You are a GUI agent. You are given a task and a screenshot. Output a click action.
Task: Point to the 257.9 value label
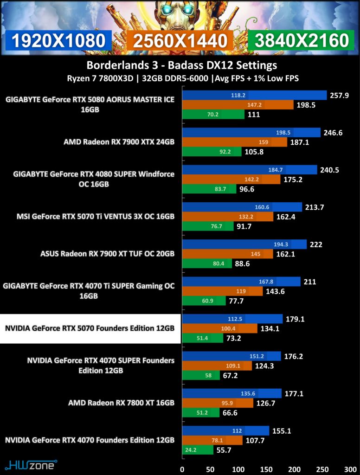coord(340,96)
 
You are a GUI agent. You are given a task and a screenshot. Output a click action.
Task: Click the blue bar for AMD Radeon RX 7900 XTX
coord(251,133)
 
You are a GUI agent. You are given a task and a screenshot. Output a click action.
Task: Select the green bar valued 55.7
coord(198,450)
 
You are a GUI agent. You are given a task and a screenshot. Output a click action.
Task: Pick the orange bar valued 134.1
coord(219,328)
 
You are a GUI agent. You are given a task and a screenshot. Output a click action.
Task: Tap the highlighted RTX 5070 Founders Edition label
coord(90,328)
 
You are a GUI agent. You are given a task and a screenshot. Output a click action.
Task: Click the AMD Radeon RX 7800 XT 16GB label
coord(122,403)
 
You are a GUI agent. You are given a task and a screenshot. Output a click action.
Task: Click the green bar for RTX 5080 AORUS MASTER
coord(213,114)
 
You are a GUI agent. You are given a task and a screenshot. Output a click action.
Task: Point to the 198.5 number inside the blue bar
coord(283,133)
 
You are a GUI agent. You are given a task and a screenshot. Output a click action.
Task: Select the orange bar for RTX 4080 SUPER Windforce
coord(231,180)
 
